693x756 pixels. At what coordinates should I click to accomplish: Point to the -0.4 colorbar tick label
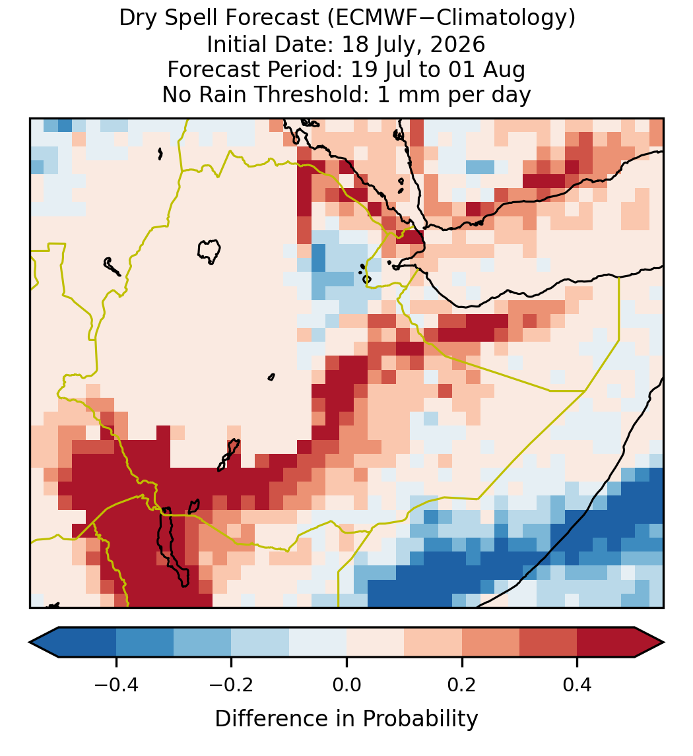[x=116, y=684]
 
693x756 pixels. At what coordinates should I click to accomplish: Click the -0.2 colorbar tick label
[x=232, y=684]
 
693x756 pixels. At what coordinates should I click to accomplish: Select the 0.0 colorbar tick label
[x=346, y=684]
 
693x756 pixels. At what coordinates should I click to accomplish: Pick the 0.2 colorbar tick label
[x=462, y=684]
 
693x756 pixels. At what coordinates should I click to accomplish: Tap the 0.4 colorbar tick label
[x=577, y=684]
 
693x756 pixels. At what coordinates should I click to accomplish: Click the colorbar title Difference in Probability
[x=346, y=719]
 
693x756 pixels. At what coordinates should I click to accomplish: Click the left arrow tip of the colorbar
[x=30, y=643]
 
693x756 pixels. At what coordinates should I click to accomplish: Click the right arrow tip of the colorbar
[x=663, y=643]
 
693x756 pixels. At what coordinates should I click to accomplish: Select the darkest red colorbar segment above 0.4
[x=606, y=643]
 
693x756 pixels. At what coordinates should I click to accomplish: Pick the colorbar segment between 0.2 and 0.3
[x=491, y=643]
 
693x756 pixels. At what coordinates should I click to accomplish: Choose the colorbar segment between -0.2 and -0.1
[x=260, y=643]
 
